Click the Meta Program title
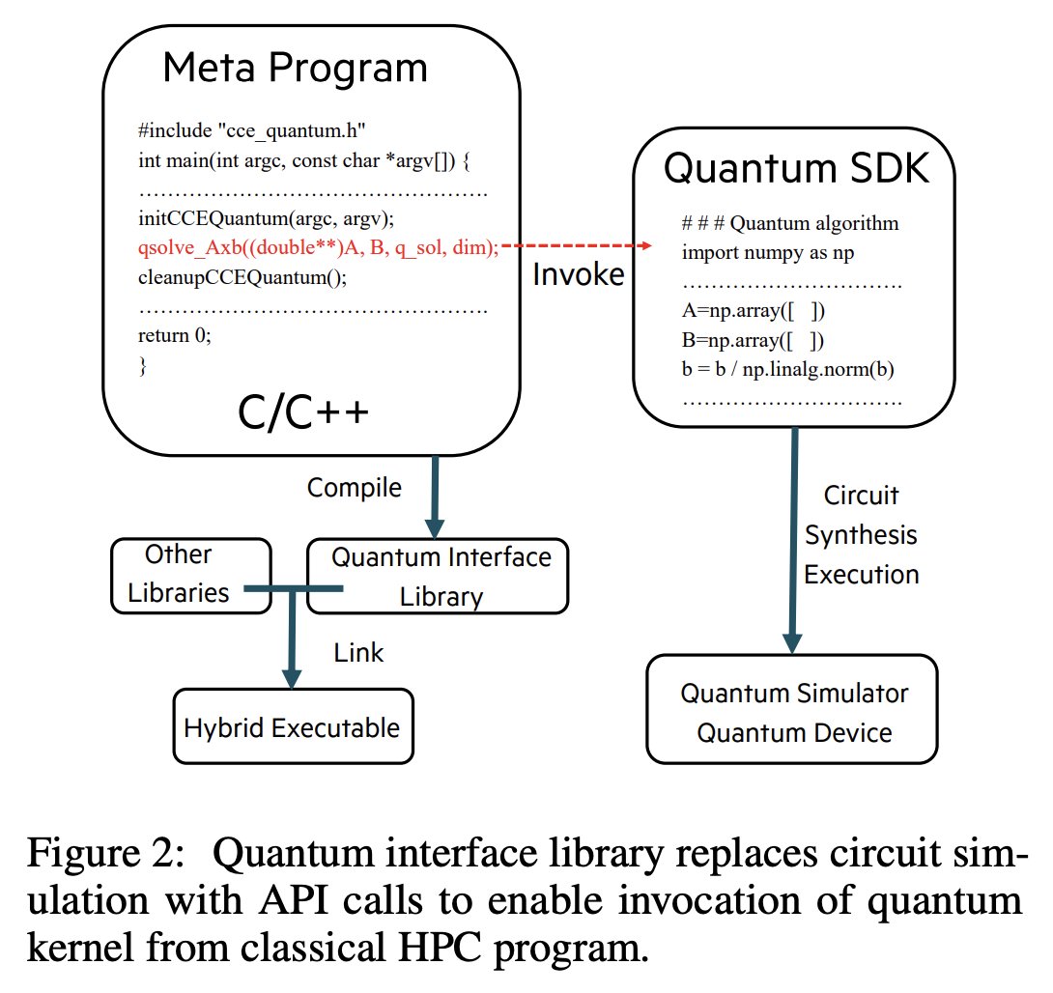pyautogui.click(x=295, y=68)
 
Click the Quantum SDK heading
pyautogui.click(x=794, y=169)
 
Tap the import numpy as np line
pyautogui.click(x=767, y=253)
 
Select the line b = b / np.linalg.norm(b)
pyautogui.click(x=790, y=369)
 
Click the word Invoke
pyautogui.click(x=579, y=275)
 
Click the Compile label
pyautogui.click(x=354, y=488)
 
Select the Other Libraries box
pyautogui.click(x=190, y=574)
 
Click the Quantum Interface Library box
pyautogui.click(x=438, y=576)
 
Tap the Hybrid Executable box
pyautogui.click(x=292, y=726)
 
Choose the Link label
pyautogui.click(x=358, y=653)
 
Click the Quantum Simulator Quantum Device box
pyautogui.click(x=792, y=712)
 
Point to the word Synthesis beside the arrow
pyautogui.click(x=861, y=535)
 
